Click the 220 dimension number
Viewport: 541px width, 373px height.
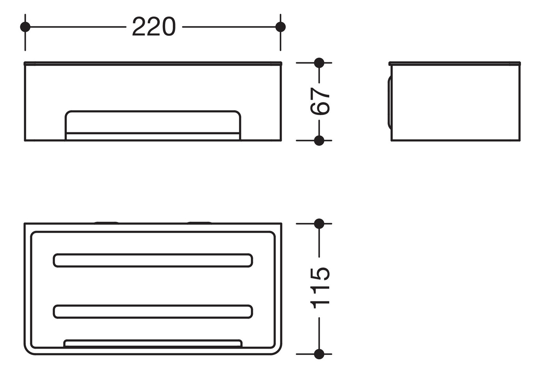point(153,27)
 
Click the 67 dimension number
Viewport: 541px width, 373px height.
point(320,101)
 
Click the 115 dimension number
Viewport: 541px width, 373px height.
point(320,287)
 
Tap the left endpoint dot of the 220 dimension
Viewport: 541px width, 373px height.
point(25,27)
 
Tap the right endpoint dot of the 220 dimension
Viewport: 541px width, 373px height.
point(280,27)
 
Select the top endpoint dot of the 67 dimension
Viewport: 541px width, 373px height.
point(319,63)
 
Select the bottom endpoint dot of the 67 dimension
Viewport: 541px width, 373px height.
point(319,141)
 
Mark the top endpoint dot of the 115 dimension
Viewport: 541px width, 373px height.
point(319,224)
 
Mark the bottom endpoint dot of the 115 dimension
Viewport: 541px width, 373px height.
point(319,354)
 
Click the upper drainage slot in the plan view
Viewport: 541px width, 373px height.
point(153,260)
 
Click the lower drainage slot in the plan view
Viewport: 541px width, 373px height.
point(153,312)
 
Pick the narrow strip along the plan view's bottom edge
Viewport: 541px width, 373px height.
point(153,344)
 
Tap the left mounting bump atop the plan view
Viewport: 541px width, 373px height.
point(106,222)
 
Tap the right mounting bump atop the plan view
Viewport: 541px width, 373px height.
point(200,222)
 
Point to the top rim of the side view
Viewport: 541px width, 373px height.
point(454,64)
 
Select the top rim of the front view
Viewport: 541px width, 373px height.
point(153,64)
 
